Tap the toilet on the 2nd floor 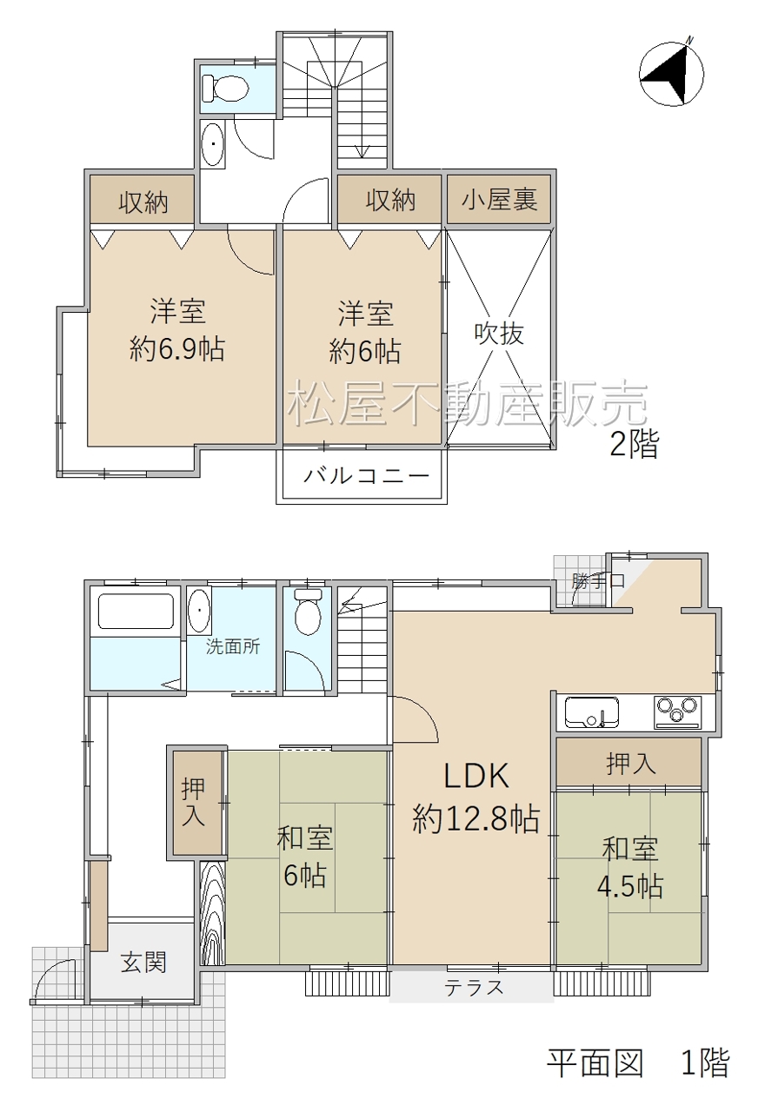click(x=225, y=89)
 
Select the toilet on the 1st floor click(x=308, y=611)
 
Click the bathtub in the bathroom click(x=136, y=611)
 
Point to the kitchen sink click(x=592, y=712)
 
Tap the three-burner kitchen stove click(x=675, y=712)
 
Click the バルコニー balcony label click(x=366, y=476)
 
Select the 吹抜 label click(x=499, y=333)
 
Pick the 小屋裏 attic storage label click(x=499, y=200)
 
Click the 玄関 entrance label click(x=143, y=963)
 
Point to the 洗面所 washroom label click(x=232, y=646)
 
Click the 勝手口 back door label click(x=597, y=580)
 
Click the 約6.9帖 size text click(x=176, y=349)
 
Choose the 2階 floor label click(x=634, y=444)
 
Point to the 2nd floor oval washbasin click(x=213, y=144)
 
